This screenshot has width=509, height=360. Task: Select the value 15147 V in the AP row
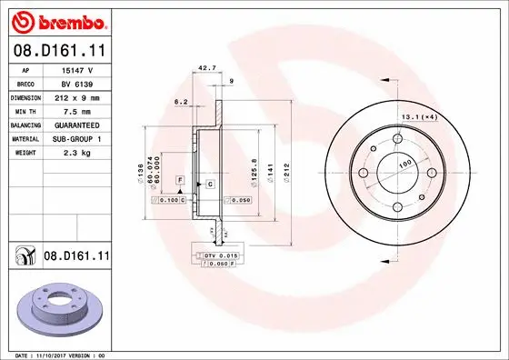pyautogui.click(x=75, y=69)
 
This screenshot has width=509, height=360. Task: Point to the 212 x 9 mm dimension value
pyautogui.click(x=75, y=96)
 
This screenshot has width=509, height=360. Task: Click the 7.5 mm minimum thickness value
pyautogui.click(x=75, y=110)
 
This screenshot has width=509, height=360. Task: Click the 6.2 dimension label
pyautogui.click(x=180, y=103)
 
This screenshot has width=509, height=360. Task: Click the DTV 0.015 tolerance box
pyautogui.click(x=220, y=257)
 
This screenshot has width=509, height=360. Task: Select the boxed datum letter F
pyautogui.click(x=180, y=183)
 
